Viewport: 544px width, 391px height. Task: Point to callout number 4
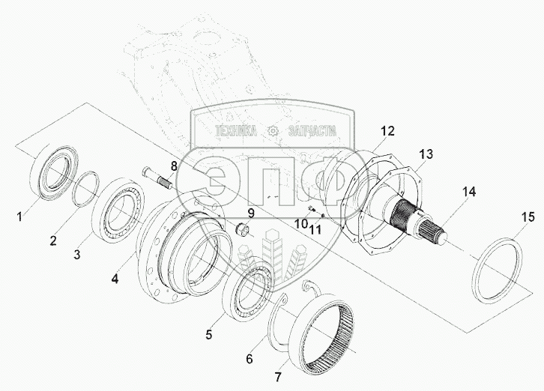114,279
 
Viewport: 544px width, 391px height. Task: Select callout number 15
528,218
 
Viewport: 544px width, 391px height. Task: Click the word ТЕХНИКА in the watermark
237,131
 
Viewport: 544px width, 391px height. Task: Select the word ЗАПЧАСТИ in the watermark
311,131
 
